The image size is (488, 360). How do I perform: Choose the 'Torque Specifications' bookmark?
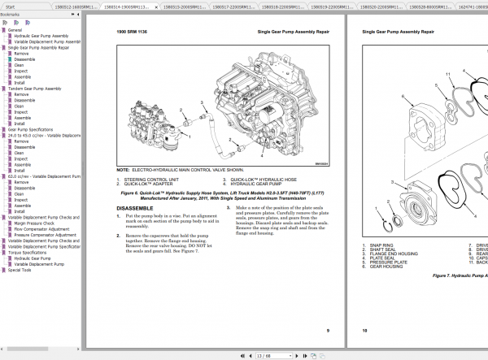coord(29,252)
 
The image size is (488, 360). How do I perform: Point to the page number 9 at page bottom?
coord(327,331)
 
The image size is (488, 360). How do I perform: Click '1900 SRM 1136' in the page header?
coord(133,32)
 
